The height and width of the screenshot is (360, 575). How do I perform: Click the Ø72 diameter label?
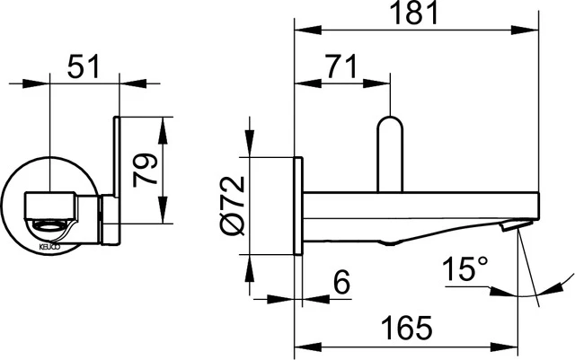[231, 206]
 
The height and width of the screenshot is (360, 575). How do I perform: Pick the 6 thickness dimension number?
[340, 282]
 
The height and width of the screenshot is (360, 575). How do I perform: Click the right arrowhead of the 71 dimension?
[385, 85]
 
